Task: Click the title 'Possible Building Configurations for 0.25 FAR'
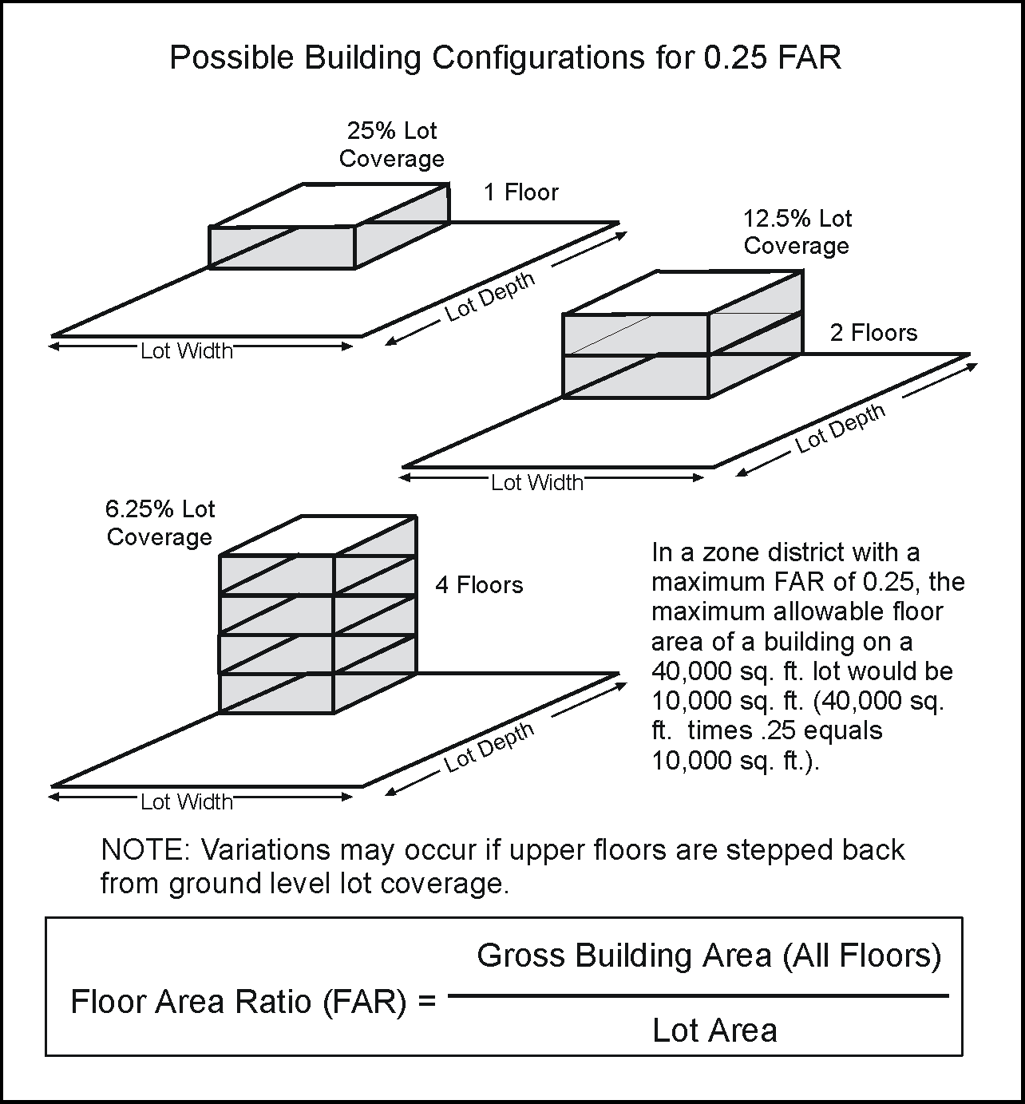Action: pos(505,57)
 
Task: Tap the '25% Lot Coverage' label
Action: pos(391,144)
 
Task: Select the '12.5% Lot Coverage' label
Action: pos(797,231)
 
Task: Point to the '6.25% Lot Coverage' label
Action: pos(160,523)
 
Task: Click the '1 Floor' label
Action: pos(521,192)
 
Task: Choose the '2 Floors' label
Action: pos(873,332)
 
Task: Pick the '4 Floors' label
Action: pos(479,585)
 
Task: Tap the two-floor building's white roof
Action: pos(683,292)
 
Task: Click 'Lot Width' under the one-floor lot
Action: pos(187,350)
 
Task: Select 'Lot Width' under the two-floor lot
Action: pos(537,482)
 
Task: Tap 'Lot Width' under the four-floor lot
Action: pos(187,801)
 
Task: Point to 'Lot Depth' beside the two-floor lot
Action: pos(840,429)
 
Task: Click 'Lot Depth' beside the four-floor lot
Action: pos(489,748)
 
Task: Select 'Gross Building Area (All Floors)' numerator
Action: pos(709,955)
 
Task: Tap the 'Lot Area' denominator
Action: pos(714,1031)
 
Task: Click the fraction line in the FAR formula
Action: pos(699,995)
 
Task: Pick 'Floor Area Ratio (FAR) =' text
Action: pos(253,1001)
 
